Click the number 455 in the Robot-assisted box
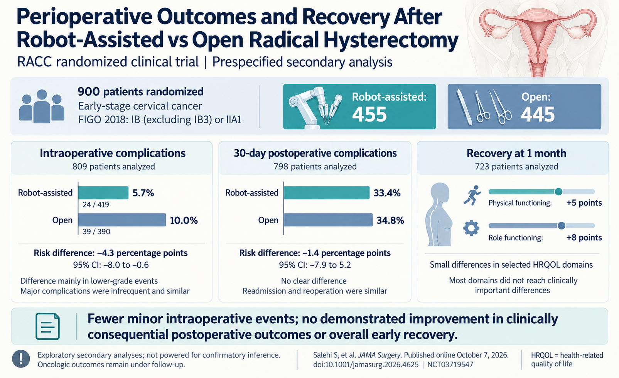[x=369, y=115]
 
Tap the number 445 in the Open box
[x=538, y=115]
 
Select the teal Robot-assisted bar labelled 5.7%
[x=103, y=192]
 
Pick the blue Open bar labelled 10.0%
[x=122, y=220]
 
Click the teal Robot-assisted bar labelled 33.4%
[x=327, y=192]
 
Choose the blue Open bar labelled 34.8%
[x=328, y=220]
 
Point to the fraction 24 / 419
[x=96, y=205]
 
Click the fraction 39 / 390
[x=96, y=231]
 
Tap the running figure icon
[x=472, y=195]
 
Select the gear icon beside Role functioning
[x=471, y=228]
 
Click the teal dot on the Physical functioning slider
[x=558, y=191]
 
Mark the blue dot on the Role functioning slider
[x=561, y=226]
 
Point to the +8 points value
[x=584, y=238]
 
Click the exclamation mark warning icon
[x=21, y=359]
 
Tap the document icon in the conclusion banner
[x=47, y=326]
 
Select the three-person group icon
[x=42, y=106]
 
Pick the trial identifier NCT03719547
[x=450, y=365]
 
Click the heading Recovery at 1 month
[x=516, y=153]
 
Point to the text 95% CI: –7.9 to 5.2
[x=315, y=265]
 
